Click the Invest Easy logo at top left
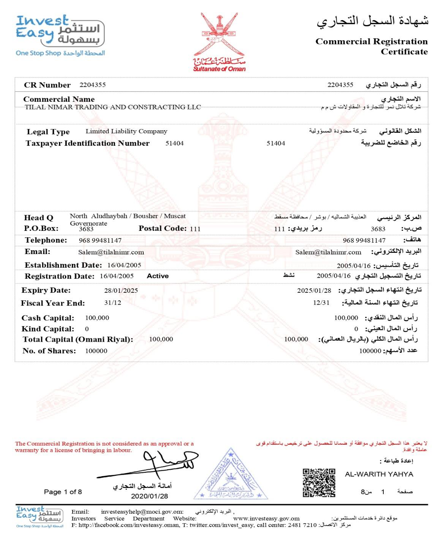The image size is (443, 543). (x=60, y=35)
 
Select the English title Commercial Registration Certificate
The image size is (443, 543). (x=371, y=46)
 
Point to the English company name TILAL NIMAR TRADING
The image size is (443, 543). (x=112, y=107)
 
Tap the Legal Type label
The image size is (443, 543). (x=48, y=132)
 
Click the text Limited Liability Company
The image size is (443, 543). (x=126, y=131)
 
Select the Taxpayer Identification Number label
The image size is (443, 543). (x=87, y=143)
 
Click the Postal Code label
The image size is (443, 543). (x=162, y=228)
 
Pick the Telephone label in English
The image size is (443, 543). (x=46, y=240)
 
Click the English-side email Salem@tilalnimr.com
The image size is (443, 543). (x=111, y=252)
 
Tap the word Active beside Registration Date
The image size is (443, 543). (x=158, y=276)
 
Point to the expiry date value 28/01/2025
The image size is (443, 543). (x=121, y=290)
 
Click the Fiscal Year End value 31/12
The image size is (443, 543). (x=112, y=303)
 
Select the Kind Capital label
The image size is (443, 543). (x=47, y=329)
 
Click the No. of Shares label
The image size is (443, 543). (x=49, y=350)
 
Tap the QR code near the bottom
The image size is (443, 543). (x=319, y=483)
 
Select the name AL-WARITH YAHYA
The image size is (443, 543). (x=379, y=474)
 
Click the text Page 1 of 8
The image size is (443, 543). (x=63, y=492)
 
